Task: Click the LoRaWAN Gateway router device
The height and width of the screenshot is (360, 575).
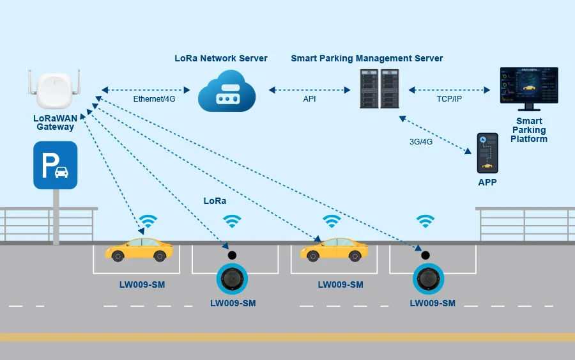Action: [x=54, y=89]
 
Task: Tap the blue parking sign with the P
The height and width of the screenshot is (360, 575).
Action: [x=56, y=165]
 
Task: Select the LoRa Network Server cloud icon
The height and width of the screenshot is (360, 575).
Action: [x=227, y=91]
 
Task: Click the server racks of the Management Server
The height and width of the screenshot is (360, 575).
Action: [x=379, y=88]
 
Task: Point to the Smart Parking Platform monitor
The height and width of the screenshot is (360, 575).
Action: [x=529, y=88]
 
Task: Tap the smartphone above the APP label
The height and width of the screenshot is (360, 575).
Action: [x=487, y=153]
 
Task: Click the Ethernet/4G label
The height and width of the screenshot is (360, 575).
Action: [x=154, y=99]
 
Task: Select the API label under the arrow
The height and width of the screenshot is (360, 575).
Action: [x=309, y=99]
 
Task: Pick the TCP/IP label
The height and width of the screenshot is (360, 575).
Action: [x=449, y=99]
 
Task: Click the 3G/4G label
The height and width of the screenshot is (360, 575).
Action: [x=421, y=142]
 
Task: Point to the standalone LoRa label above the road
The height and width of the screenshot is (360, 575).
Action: [x=215, y=201]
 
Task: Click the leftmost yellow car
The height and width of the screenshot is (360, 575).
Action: [x=139, y=249]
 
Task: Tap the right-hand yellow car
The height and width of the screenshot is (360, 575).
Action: [x=334, y=249]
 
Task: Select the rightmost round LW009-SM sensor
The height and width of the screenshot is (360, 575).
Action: [x=428, y=279]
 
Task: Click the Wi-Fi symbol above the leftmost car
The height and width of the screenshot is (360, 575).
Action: [x=148, y=221]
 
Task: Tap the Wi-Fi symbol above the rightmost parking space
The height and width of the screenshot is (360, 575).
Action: [x=425, y=221]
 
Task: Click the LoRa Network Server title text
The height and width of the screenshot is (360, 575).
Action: [x=221, y=58]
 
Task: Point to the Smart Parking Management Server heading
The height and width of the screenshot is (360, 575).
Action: [x=367, y=58]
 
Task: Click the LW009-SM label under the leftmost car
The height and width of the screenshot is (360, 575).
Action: [x=142, y=285]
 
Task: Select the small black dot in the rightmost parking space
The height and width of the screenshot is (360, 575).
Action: [x=425, y=255]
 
